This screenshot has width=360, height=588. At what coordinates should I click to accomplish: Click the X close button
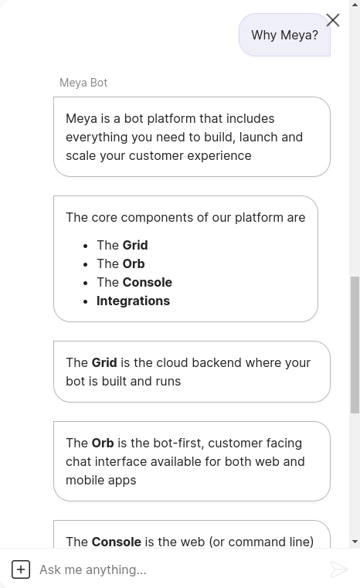point(333,20)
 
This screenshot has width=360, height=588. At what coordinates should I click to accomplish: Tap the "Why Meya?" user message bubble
point(284,35)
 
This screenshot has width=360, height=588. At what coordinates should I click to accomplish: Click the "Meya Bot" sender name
point(83,83)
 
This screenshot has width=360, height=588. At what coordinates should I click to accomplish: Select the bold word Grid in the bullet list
point(135,245)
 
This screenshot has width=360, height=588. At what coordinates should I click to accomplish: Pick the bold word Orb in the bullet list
point(134,263)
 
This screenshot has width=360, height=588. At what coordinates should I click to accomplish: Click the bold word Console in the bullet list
point(148,282)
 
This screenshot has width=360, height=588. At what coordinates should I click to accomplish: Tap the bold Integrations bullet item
point(133,301)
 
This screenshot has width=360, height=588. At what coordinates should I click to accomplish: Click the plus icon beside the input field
point(21,569)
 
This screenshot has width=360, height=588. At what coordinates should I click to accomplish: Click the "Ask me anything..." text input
point(180,569)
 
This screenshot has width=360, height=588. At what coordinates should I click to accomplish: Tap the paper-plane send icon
point(338,569)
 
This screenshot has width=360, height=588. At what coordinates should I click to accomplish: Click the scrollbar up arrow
point(355,5)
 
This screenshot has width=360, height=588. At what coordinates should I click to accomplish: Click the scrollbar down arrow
point(355,542)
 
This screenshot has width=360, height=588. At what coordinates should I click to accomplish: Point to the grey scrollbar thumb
point(355,345)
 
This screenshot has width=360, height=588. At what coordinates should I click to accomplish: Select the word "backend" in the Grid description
point(216,362)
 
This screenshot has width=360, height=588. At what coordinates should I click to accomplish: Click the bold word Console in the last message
point(117,542)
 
